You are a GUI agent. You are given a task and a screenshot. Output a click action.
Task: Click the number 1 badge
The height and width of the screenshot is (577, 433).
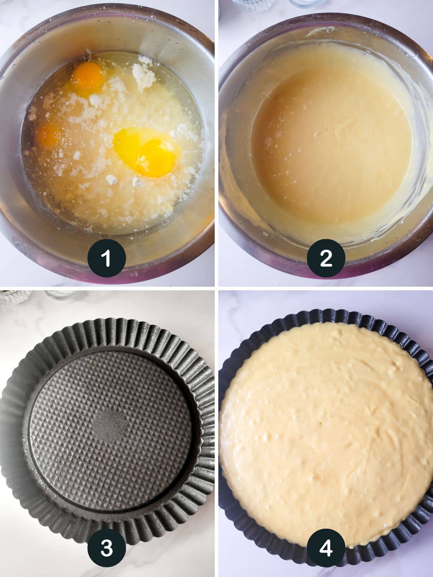(106, 259)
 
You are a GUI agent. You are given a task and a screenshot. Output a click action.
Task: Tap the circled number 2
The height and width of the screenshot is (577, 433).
(326, 259)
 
